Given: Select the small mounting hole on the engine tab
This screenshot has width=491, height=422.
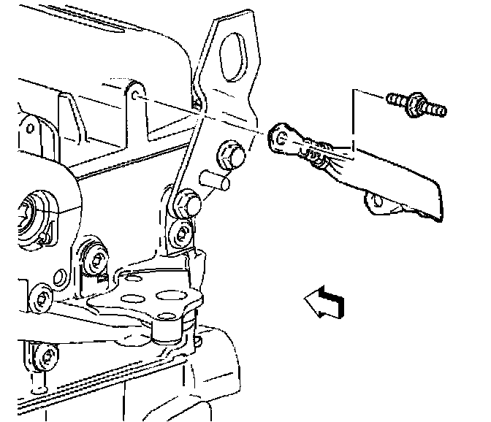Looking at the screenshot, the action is [x=137, y=95].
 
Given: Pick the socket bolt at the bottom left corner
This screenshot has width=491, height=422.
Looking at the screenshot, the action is [x=48, y=358].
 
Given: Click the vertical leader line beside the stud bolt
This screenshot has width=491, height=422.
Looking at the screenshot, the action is [x=354, y=120].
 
